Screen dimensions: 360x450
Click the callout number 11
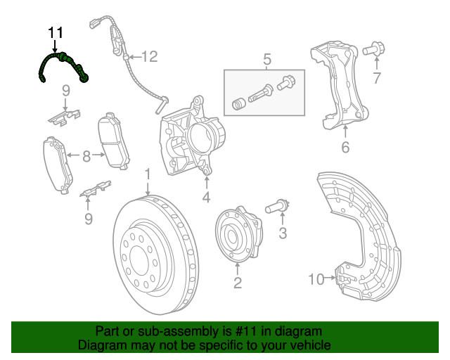coord(56,32)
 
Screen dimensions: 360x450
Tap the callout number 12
coord(150,56)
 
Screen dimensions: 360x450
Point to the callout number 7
coord(377,78)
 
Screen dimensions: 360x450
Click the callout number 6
coord(345,148)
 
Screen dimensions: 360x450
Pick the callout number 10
coord(316,280)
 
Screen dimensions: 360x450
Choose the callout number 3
coord(283,233)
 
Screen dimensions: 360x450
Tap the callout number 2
coord(238,283)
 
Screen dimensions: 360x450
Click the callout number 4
coord(206,198)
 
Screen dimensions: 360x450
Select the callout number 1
coord(148,174)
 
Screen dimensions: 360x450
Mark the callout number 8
coord(86,156)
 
